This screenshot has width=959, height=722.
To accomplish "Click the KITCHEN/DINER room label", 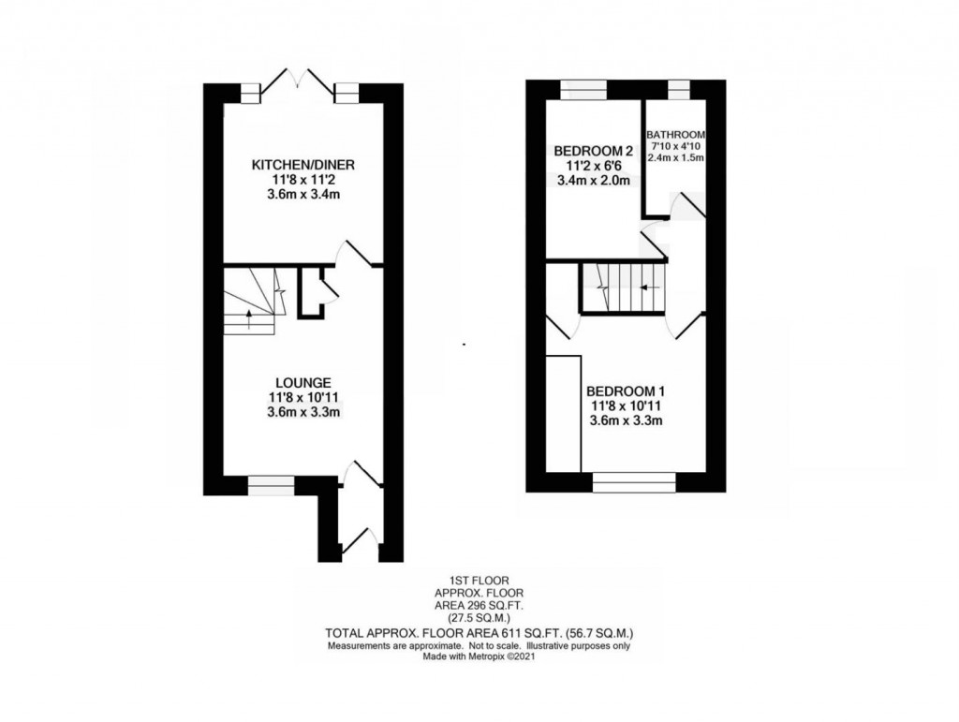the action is tap(303, 165).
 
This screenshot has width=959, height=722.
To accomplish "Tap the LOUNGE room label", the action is tap(303, 383).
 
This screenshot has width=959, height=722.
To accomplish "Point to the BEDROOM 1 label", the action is tap(627, 391).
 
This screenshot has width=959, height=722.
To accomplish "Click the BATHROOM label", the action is tap(675, 135).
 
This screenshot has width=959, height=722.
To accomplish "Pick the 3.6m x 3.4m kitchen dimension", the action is tap(303, 195).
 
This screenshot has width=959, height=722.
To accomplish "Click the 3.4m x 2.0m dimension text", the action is tap(593, 181).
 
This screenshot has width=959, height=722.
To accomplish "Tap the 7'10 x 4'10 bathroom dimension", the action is tap(675, 146).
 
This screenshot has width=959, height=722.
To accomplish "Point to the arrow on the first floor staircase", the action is tap(650, 287).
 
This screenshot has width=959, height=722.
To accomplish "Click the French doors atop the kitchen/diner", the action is tap(298, 84).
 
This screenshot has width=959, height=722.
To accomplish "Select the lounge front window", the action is tap(271, 486).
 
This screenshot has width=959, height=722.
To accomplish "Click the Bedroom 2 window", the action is tap(584, 90).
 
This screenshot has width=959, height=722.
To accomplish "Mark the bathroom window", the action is tap(678, 90).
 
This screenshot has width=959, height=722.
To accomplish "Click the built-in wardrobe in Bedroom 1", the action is tap(563, 413).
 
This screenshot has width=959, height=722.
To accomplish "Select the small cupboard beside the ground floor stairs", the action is tap(310, 292).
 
